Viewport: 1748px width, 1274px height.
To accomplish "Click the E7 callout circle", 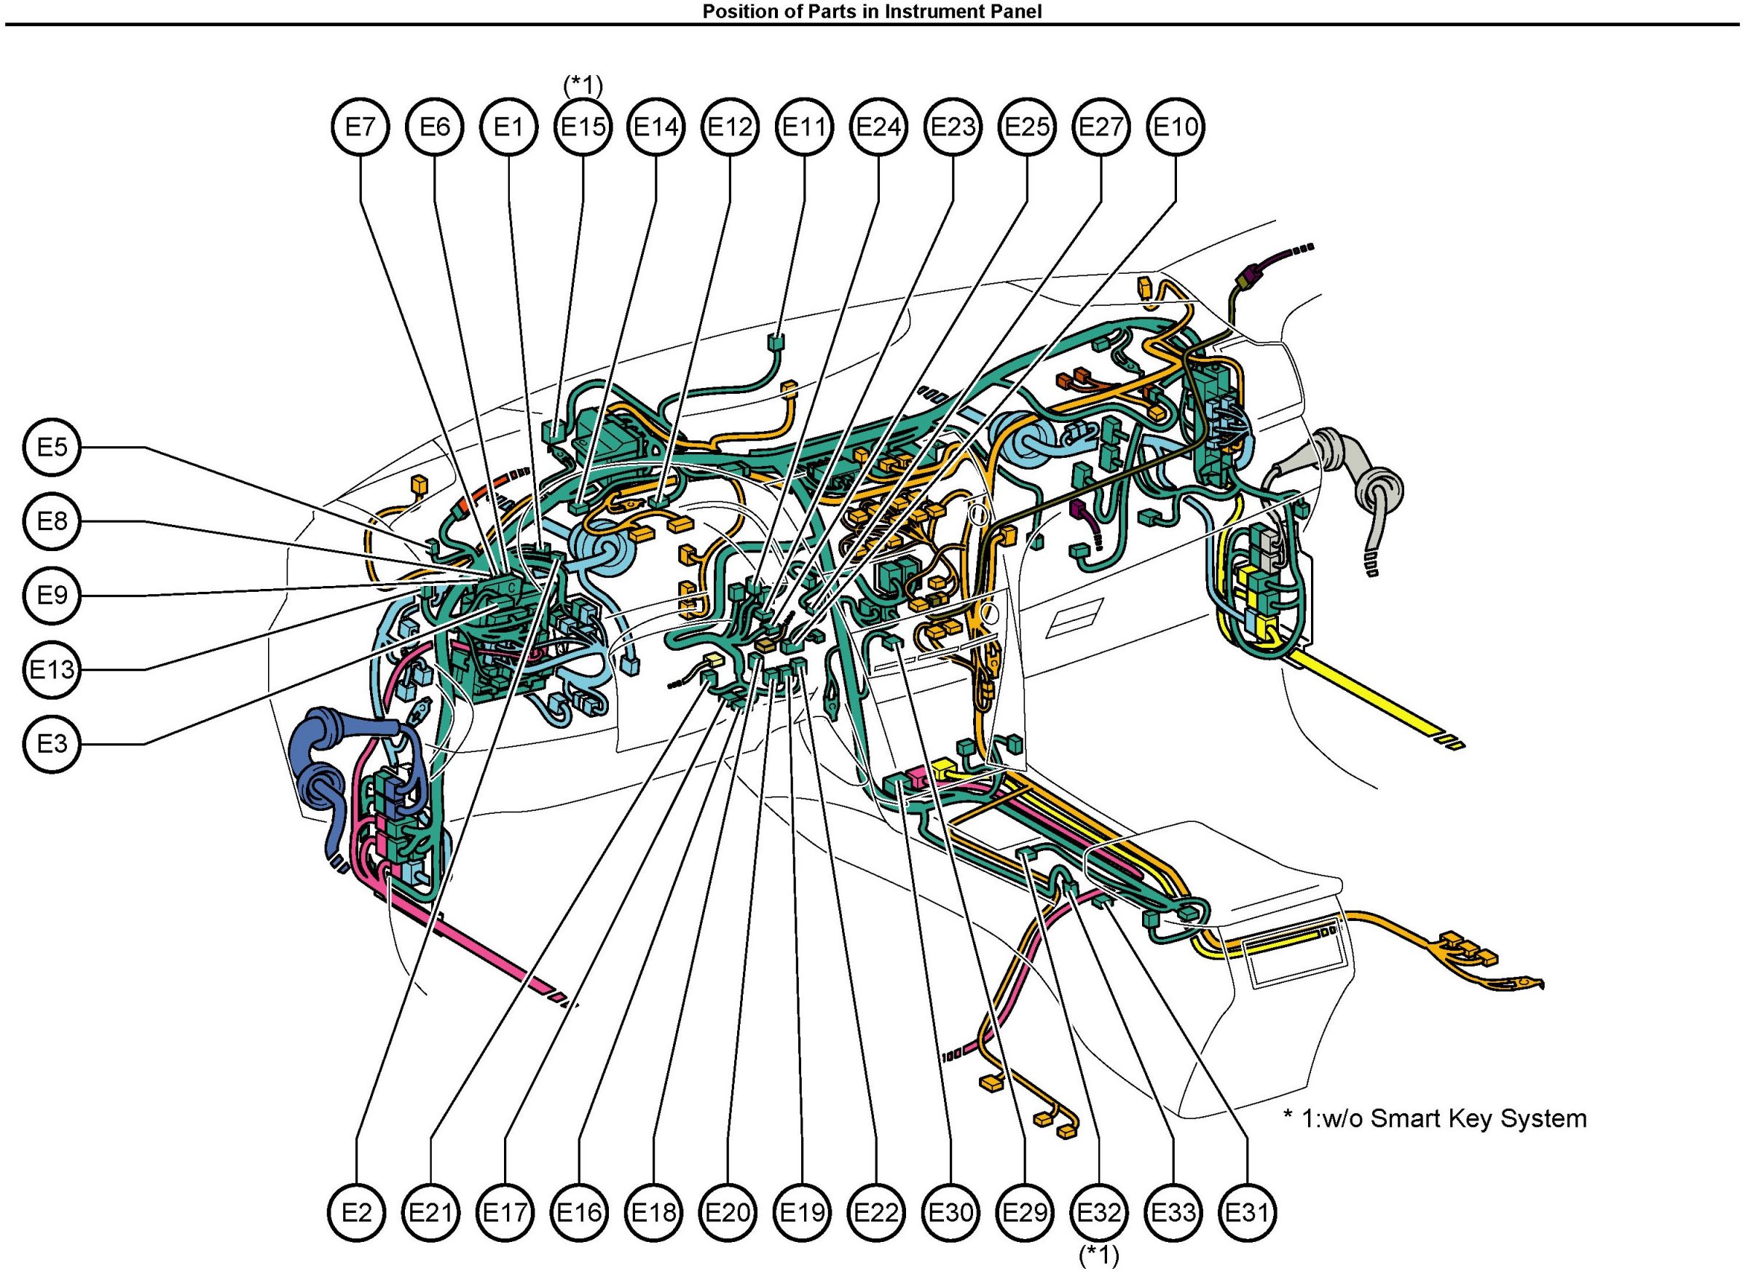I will pyautogui.click(x=361, y=127).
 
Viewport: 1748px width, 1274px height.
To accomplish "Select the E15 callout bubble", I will pyautogui.click(x=583, y=127).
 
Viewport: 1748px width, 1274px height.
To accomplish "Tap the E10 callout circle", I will pyautogui.click(x=1176, y=127).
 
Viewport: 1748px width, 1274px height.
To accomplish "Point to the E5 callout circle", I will pyautogui.click(x=52, y=447).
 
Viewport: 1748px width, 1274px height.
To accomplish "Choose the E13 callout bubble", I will pyautogui.click(x=52, y=669).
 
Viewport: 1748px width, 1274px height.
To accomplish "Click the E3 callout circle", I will pyautogui.click(x=52, y=743).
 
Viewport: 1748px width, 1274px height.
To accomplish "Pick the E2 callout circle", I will pyautogui.click(x=357, y=1212).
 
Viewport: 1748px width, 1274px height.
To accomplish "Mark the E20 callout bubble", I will pyautogui.click(x=728, y=1212).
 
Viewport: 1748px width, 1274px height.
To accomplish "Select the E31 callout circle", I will pyautogui.click(x=1248, y=1212).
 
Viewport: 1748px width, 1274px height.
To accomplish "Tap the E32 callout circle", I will pyautogui.click(x=1099, y=1212).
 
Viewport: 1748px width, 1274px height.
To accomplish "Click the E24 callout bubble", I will pyautogui.click(x=878, y=127).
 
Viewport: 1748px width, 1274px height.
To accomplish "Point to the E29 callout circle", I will pyautogui.click(x=1025, y=1212).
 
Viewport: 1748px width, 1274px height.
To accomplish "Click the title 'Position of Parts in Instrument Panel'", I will pyautogui.click(x=872, y=11).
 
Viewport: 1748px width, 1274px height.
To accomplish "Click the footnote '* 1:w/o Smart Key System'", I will pyautogui.click(x=1435, y=1118).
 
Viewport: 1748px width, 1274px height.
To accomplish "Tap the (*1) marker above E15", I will pyautogui.click(x=583, y=85).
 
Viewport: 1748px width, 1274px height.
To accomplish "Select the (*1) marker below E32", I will pyautogui.click(x=1098, y=1257).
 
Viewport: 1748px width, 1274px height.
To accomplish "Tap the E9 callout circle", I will pyautogui.click(x=52, y=596).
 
